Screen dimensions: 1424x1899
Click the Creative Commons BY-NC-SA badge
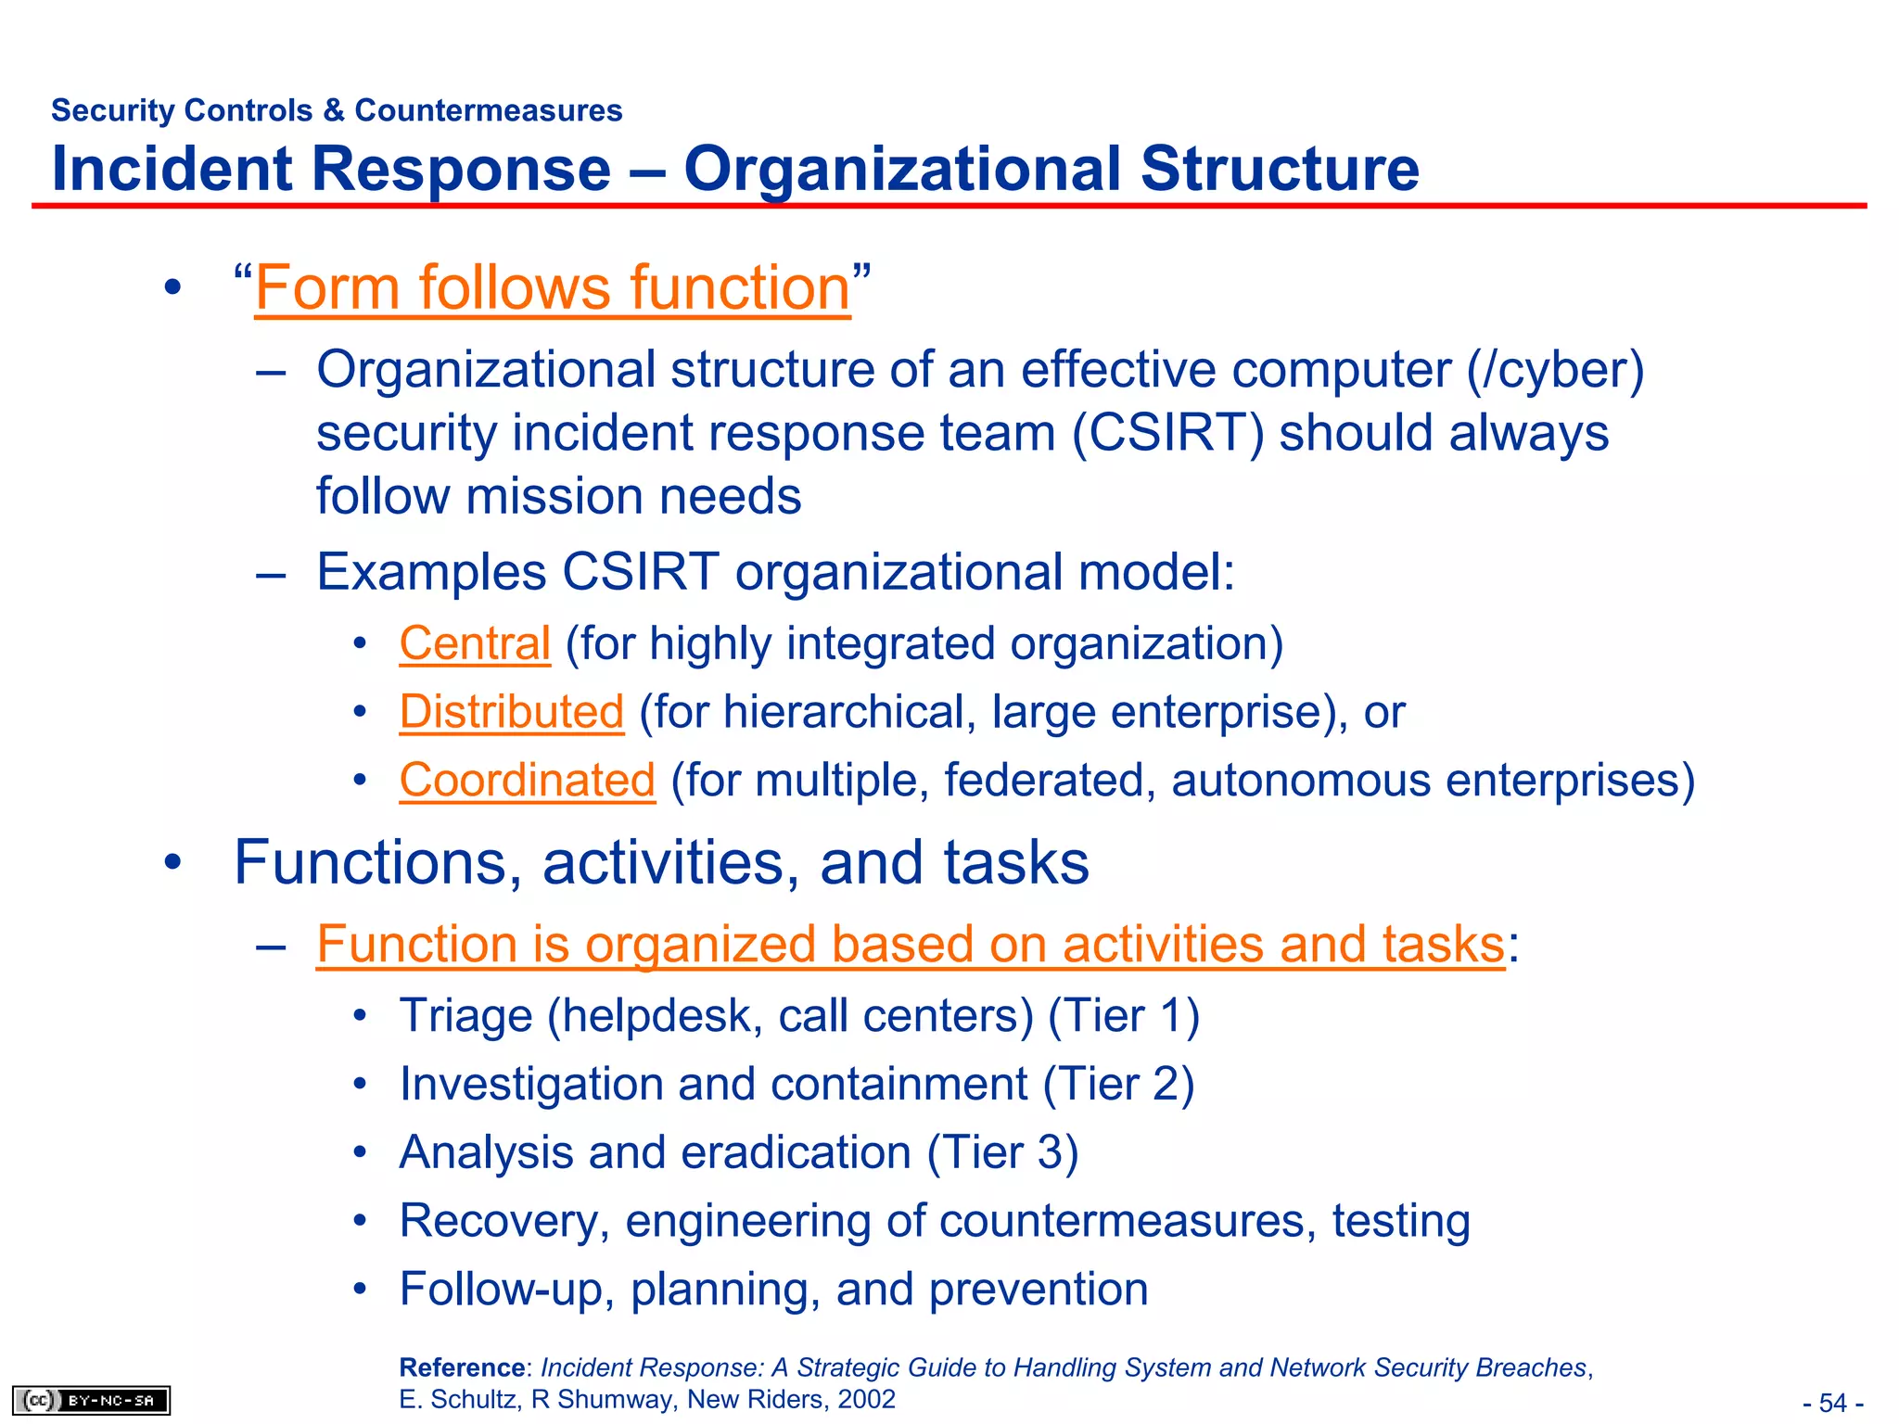coord(91,1400)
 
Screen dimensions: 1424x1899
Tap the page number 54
coord(1832,1403)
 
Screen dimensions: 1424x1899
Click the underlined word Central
coord(475,643)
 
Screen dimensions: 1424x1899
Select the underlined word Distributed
coord(512,712)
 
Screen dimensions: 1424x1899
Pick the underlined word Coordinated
coord(527,780)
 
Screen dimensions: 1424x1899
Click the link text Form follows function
coord(552,288)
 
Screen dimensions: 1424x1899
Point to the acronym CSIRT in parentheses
coord(1167,433)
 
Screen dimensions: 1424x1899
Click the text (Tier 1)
coord(1124,1016)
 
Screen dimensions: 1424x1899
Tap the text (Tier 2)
coord(1118,1085)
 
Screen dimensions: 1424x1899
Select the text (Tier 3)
coord(1002,1153)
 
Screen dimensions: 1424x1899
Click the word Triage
coord(465,1016)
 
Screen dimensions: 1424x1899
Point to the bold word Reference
coord(462,1367)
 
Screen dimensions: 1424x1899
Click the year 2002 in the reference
coord(866,1399)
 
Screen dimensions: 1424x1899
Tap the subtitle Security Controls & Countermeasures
coord(337,110)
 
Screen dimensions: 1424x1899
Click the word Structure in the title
coord(1279,169)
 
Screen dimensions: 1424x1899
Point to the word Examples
coord(431,572)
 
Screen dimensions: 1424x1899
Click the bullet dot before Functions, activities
coord(172,863)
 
